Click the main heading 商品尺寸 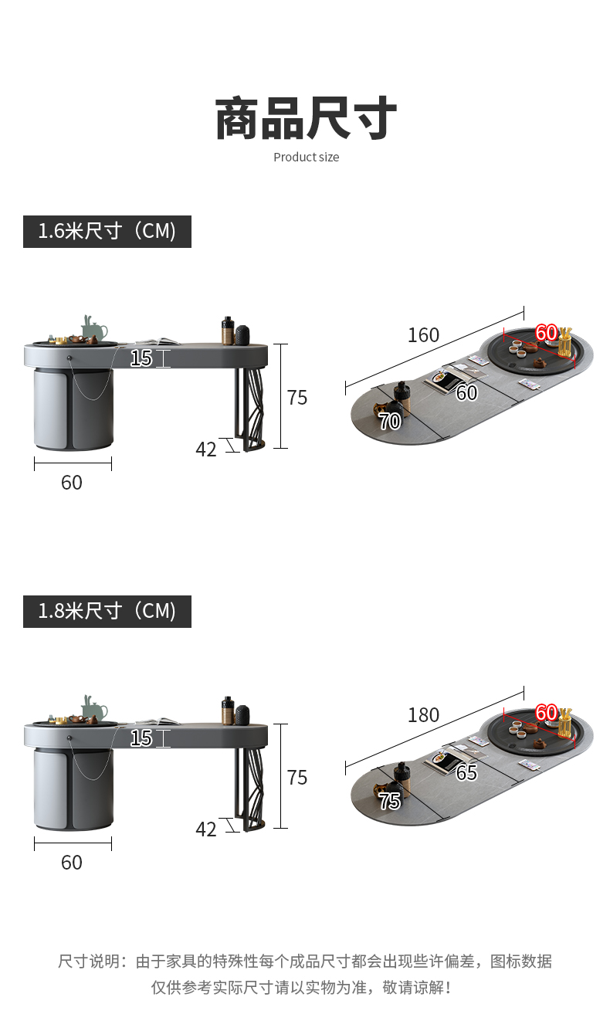[x=306, y=118]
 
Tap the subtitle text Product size [x=306, y=158]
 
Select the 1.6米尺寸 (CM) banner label [x=107, y=232]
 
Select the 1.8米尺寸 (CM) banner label [x=107, y=611]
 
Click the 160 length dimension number [x=423, y=335]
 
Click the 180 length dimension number [x=423, y=715]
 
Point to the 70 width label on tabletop [x=390, y=421]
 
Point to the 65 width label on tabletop [x=466, y=772]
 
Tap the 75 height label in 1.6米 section [x=297, y=398]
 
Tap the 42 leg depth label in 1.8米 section [x=205, y=829]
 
